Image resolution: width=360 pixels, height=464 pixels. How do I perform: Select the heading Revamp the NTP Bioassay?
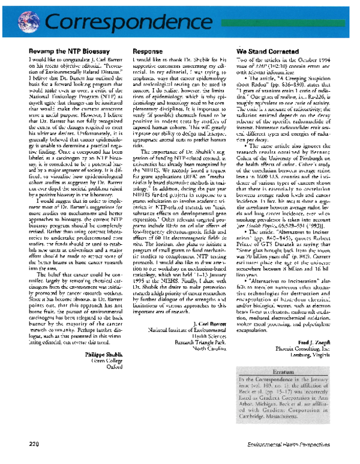tap(61, 53)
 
